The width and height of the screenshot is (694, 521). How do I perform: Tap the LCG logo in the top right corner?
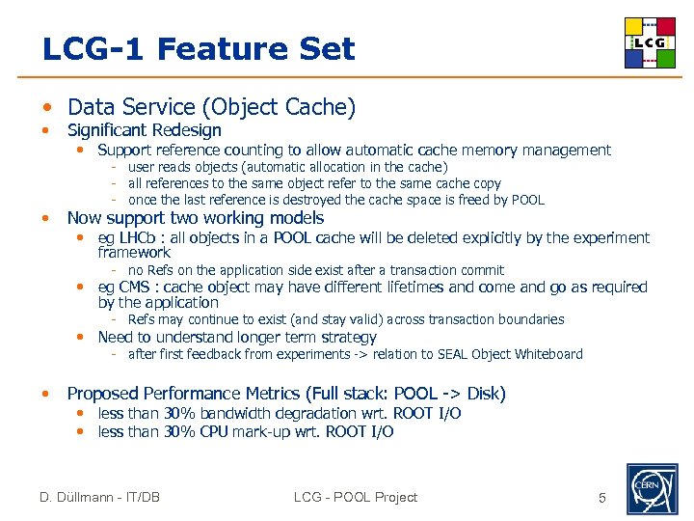coord(649,42)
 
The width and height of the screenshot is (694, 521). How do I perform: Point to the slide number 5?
coord(602,498)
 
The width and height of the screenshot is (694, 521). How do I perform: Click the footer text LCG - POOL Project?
coord(356,498)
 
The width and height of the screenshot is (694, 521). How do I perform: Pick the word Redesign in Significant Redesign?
coord(186,130)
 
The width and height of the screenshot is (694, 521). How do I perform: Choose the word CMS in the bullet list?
coord(141,288)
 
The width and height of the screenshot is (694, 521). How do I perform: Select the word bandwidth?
coord(233,414)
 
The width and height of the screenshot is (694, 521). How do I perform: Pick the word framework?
coord(134,253)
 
